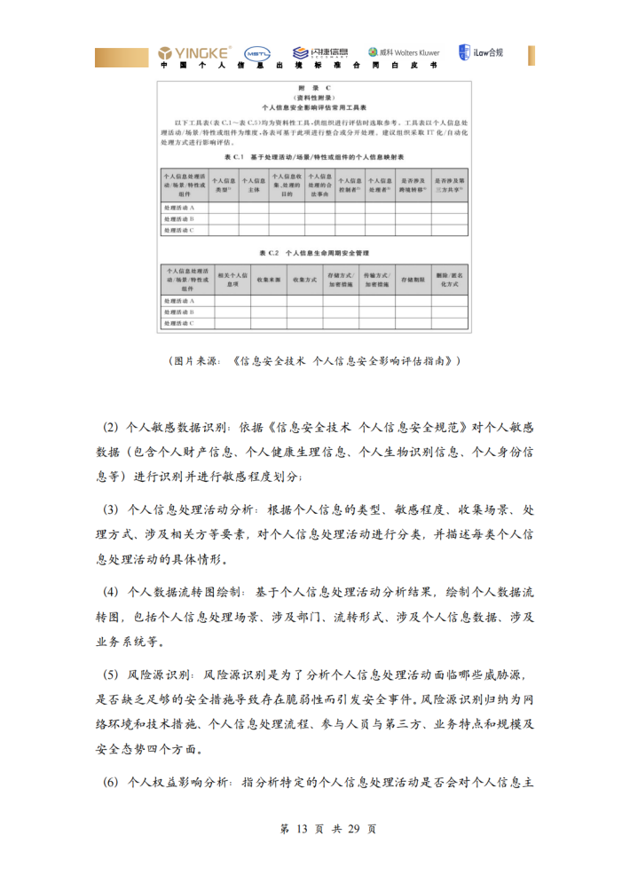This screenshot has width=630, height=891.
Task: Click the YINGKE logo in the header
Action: click(195, 52)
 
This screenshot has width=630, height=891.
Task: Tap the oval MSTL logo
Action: click(257, 53)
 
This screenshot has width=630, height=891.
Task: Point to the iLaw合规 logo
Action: click(481, 52)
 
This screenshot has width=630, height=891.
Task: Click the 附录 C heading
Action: click(314, 88)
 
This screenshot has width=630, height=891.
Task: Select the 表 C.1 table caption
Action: click(314, 157)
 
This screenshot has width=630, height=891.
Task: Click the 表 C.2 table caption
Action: click(314, 253)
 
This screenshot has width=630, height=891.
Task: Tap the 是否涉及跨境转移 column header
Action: click(412, 185)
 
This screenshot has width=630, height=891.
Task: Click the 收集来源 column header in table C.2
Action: click(268, 280)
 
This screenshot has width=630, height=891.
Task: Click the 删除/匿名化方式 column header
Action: click(447, 280)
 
